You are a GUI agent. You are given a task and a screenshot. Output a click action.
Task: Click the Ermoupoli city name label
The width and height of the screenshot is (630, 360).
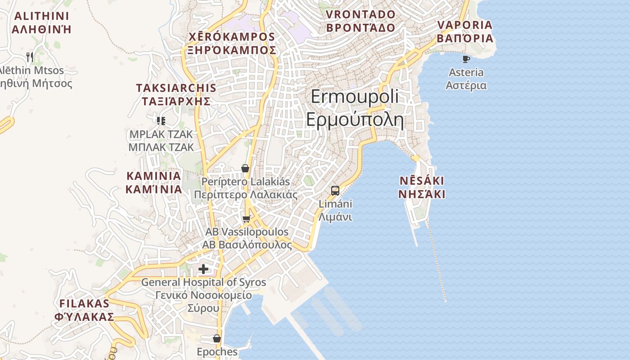pos(355,97)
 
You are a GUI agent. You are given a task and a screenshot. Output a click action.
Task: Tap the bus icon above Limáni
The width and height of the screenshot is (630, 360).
pos(335,190)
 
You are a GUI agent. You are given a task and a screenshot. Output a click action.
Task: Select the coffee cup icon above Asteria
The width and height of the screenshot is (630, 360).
pos(466,59)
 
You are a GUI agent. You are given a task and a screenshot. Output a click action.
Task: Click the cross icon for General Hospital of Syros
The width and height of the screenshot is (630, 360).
pos(203,269)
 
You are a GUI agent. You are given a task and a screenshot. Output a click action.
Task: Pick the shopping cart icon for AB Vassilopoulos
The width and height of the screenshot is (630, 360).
pos(246,219)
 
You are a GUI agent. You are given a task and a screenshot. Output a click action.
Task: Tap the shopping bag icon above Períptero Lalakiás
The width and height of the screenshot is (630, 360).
pos(245,169)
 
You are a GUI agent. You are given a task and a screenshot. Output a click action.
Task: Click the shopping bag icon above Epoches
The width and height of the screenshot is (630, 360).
pos(217,338)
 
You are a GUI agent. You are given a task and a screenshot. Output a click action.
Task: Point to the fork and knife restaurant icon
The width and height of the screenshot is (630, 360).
pos(30,57)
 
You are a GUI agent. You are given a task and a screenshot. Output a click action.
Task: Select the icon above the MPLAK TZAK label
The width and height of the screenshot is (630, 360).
pos(161,121)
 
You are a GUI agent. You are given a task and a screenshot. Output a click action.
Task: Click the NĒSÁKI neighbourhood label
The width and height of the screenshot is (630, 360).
pos(422,181)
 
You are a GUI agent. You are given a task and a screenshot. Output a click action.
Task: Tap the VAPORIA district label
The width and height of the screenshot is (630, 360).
pos(465,25)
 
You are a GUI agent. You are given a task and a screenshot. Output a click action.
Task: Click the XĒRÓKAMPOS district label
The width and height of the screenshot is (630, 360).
pos(232,37)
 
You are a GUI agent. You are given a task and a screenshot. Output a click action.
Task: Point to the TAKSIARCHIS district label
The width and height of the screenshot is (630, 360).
pos(176,88)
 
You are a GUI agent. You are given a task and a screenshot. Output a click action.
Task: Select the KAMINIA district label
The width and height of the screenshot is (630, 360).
pos(153,176)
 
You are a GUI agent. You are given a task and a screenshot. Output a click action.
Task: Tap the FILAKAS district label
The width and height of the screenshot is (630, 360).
pos(84,303)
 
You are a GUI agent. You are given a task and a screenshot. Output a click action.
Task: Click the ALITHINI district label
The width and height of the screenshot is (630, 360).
pos(41,17)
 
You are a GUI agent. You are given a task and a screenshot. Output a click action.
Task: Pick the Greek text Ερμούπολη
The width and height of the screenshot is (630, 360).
pos(355,120)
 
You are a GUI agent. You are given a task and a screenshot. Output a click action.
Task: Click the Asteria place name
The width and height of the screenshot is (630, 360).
pos(466,72)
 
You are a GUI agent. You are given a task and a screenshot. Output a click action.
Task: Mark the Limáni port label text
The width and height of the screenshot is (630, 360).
pos(335,204)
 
